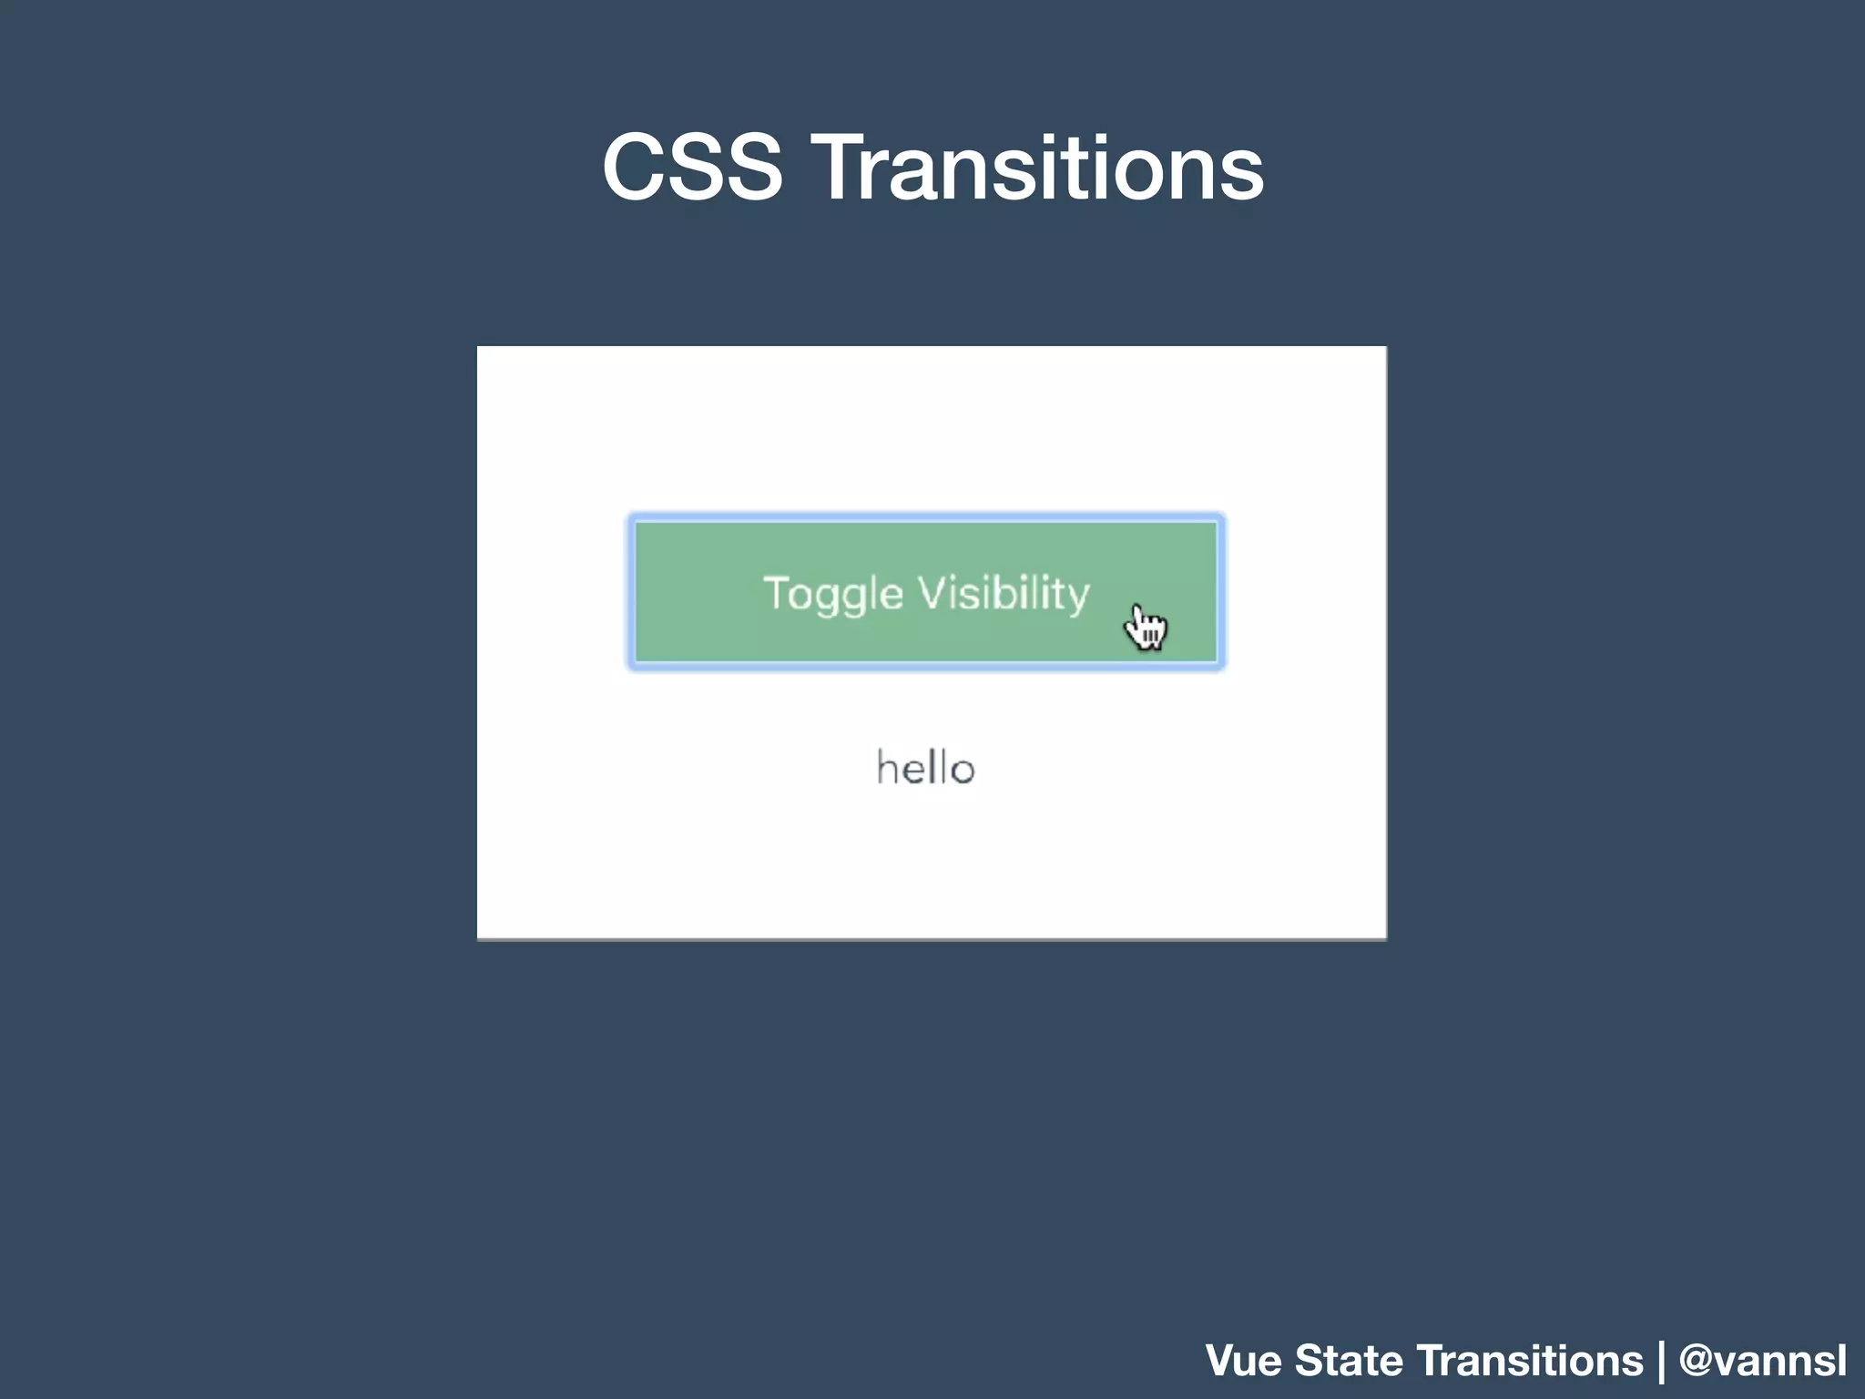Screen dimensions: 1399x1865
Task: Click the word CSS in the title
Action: tap(692, 168)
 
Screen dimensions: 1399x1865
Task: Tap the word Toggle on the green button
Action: tap(833, 594)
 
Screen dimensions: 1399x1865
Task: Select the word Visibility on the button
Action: tap(1004, 594)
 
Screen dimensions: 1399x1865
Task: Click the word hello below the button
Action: tap(925, 768)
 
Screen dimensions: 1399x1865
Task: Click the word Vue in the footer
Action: tap(1244, 1361)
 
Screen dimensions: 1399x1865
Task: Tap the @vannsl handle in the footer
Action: tap(1762, 1361)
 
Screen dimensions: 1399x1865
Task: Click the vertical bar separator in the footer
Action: tap(1661, 1361)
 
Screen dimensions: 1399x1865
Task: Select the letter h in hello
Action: tap(885, 767)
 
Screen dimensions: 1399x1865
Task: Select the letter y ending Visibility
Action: tap(1078, 597)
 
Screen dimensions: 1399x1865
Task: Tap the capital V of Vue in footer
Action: tap(1222, 1361)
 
